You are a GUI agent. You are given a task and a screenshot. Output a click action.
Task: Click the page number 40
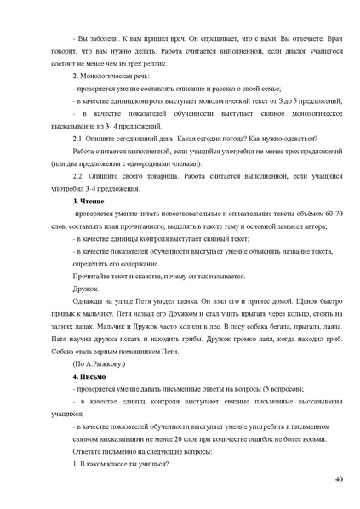pos(339,481)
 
